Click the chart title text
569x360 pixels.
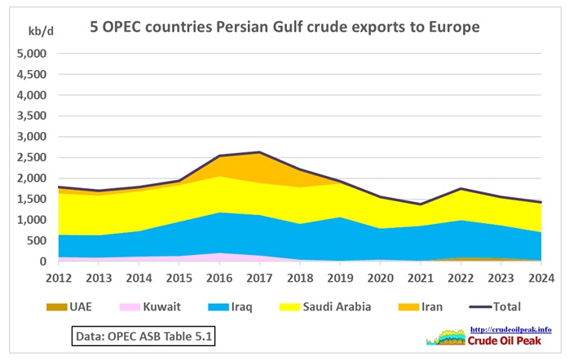[x=284, y=27]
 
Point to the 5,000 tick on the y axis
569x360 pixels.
[x=32, y=54]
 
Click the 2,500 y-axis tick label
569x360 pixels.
[x=32, y=158]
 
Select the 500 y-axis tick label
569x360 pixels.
[x=37, y=241]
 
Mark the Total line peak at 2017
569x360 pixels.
[x=258, y=152]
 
